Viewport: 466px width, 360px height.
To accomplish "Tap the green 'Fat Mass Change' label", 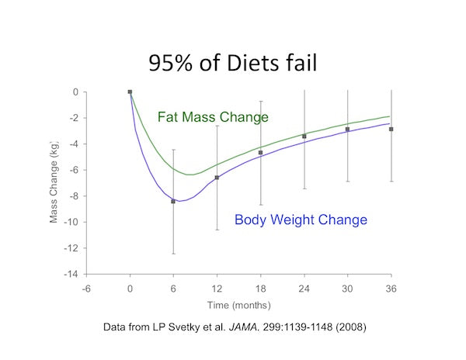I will coord(213,117).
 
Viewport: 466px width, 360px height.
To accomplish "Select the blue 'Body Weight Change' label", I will coord(301,220).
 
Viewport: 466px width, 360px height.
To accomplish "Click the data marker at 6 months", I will coord(173,201).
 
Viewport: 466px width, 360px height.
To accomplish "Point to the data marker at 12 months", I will coord(217,178).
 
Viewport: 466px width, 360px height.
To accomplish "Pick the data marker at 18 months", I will coord(260,153).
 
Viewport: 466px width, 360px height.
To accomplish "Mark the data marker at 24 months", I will coord(304,137).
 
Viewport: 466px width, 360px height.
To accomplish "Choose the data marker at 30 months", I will coord(347,130).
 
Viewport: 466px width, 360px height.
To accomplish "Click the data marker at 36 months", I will coord(391,130).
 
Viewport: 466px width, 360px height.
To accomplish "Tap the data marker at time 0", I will coord(130,92).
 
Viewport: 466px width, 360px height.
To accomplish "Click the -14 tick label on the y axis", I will coord(70,275).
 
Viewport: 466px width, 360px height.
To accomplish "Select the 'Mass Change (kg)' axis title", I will coord(54,182).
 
